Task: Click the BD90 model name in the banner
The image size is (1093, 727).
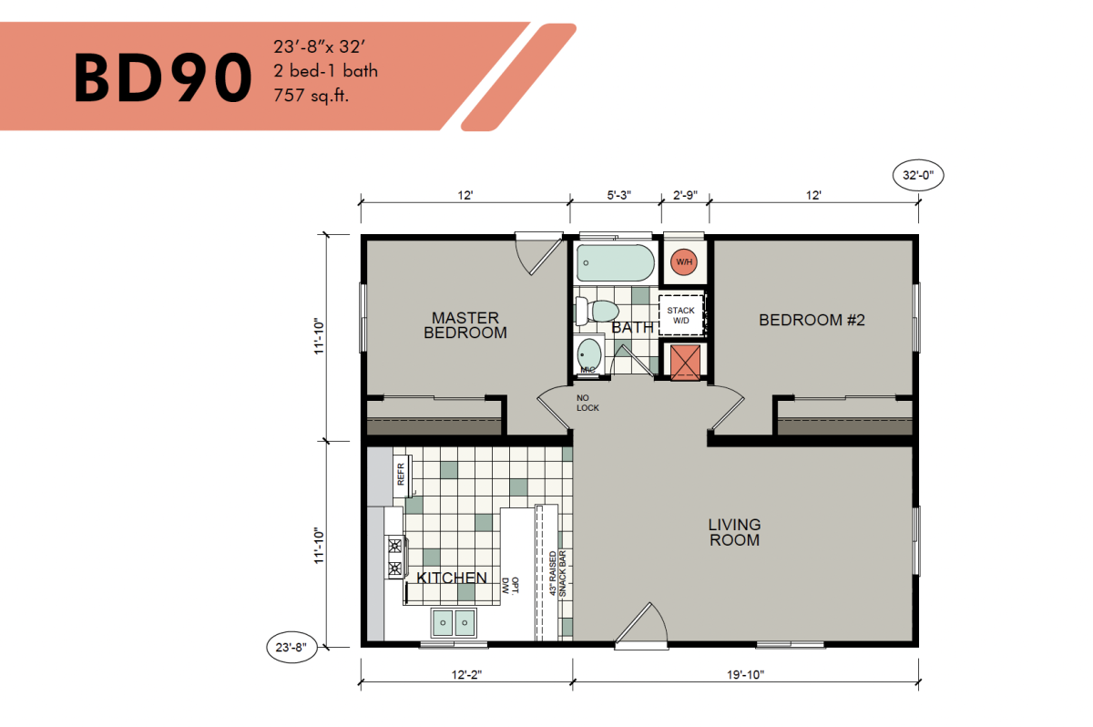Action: [x=162, y=77]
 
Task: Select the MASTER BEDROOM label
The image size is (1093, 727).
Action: [x=465, y=325]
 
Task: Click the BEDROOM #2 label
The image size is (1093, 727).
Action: [x=811, y=320]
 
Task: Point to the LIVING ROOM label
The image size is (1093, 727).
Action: [x=734, y=532]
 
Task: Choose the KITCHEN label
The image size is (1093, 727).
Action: [x=452, y=578]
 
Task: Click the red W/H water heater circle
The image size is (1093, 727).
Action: [x=683, y=262]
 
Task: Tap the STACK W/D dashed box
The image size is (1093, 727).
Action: [x=681, y=315]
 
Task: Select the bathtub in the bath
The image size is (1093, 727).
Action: [x=615, y=263]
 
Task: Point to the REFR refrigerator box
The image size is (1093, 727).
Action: [x=401, y=474]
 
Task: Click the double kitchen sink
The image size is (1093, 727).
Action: [x=453, y=622]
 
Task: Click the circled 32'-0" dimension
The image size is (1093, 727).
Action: [x=918, y=176]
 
